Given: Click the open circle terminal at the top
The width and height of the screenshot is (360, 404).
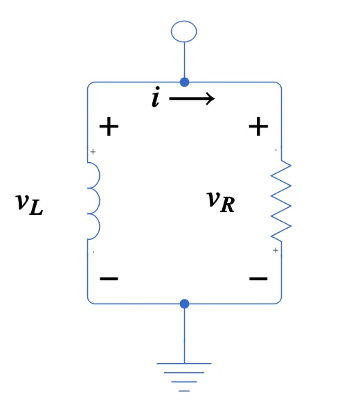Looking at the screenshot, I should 184,31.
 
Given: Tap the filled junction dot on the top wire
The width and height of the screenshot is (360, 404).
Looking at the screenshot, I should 184,82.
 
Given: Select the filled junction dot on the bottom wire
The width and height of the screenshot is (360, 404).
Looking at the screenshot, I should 184,304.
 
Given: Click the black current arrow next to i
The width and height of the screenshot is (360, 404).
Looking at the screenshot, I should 192,99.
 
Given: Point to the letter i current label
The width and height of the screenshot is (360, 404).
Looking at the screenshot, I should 156,98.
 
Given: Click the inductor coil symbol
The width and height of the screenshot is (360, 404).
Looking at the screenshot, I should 93,201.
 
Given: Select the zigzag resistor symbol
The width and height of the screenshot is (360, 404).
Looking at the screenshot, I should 280,200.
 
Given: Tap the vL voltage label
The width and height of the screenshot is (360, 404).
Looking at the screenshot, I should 29,203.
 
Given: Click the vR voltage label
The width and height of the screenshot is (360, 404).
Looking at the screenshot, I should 221,200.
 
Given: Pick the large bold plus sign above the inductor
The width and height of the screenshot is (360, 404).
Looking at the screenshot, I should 109,127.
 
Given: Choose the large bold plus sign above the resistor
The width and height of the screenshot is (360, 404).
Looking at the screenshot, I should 258,127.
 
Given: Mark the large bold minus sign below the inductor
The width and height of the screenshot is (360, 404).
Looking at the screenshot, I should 109,279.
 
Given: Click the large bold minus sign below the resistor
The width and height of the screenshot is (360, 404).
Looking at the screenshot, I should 258,279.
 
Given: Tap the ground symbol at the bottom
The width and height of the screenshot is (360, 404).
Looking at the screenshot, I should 184,375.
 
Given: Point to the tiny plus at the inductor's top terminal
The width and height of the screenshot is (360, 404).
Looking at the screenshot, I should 93,152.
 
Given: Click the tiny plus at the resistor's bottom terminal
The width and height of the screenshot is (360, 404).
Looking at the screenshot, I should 276,250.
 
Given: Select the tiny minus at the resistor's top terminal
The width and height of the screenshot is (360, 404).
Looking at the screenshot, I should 276,150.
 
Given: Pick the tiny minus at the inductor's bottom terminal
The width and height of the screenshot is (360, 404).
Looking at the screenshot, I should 93,252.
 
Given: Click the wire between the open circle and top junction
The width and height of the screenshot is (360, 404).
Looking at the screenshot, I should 184,60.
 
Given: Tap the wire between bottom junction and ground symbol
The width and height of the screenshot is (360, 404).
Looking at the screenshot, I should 184,333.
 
